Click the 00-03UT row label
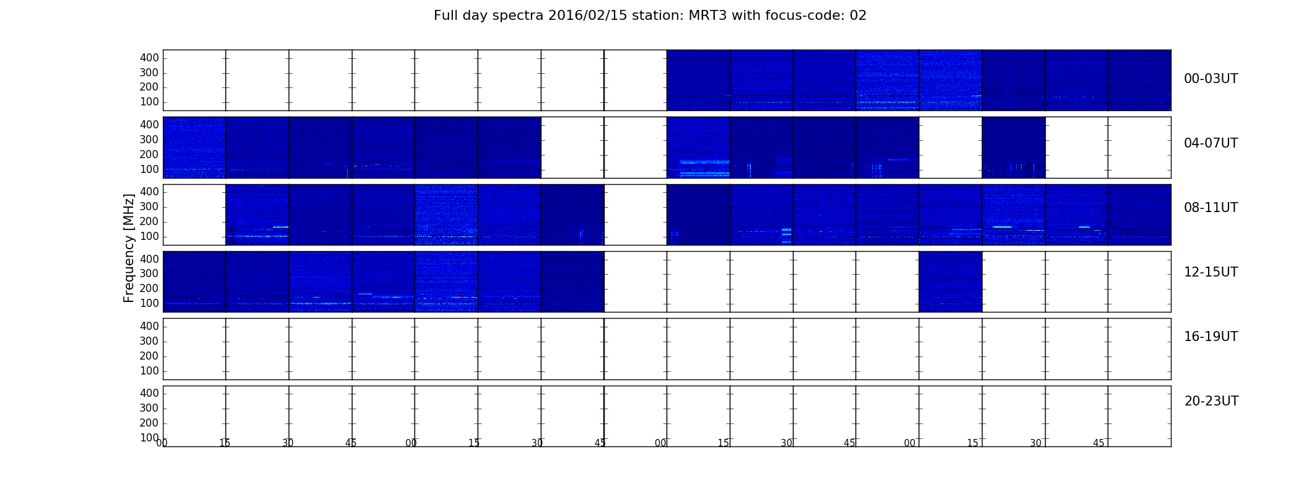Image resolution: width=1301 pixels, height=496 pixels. coord(1211,79)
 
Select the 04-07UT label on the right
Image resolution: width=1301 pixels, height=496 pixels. coord(1211,143)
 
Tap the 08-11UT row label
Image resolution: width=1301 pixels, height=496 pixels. coord(1211,208)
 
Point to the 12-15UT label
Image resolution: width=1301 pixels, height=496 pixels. coord(1211,272)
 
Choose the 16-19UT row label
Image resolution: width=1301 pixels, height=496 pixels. coord(1211,337)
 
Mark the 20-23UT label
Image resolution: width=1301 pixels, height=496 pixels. coord(1211,401)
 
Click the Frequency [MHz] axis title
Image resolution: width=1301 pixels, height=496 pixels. coord(129,248)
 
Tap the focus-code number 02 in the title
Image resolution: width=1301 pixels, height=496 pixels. coord(858,15)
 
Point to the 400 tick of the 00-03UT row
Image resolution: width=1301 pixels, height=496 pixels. coord(149,58)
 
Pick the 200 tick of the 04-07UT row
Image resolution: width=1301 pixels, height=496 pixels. coord(149,154)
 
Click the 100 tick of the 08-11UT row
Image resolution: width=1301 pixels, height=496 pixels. coord(149,236)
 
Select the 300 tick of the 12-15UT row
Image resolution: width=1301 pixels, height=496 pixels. coord(149,273)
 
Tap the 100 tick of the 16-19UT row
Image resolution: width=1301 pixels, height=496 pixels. coord(149,371)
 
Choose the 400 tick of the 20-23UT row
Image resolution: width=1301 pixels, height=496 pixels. coord(149,393)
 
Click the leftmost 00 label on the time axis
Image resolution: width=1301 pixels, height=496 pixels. coord(162,443)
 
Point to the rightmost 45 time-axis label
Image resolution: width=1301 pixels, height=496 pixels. coord(1098,443)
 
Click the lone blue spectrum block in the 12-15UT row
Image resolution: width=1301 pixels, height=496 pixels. coord(950,281)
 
